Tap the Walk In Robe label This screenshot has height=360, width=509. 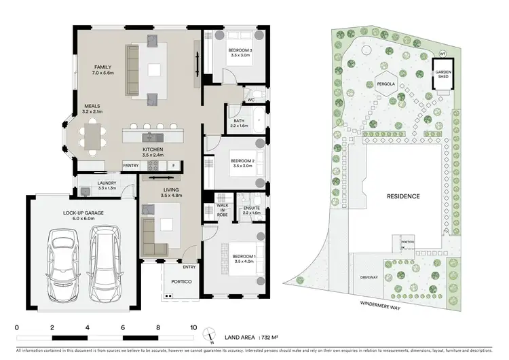pos(221,208)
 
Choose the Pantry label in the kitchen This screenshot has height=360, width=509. pos(131,165)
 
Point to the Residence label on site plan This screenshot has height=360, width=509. pos(403,196)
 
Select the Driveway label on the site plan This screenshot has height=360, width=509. pos(370,278)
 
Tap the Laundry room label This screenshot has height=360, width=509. pos(89,185)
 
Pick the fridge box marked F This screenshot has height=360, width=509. pos(174,165)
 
